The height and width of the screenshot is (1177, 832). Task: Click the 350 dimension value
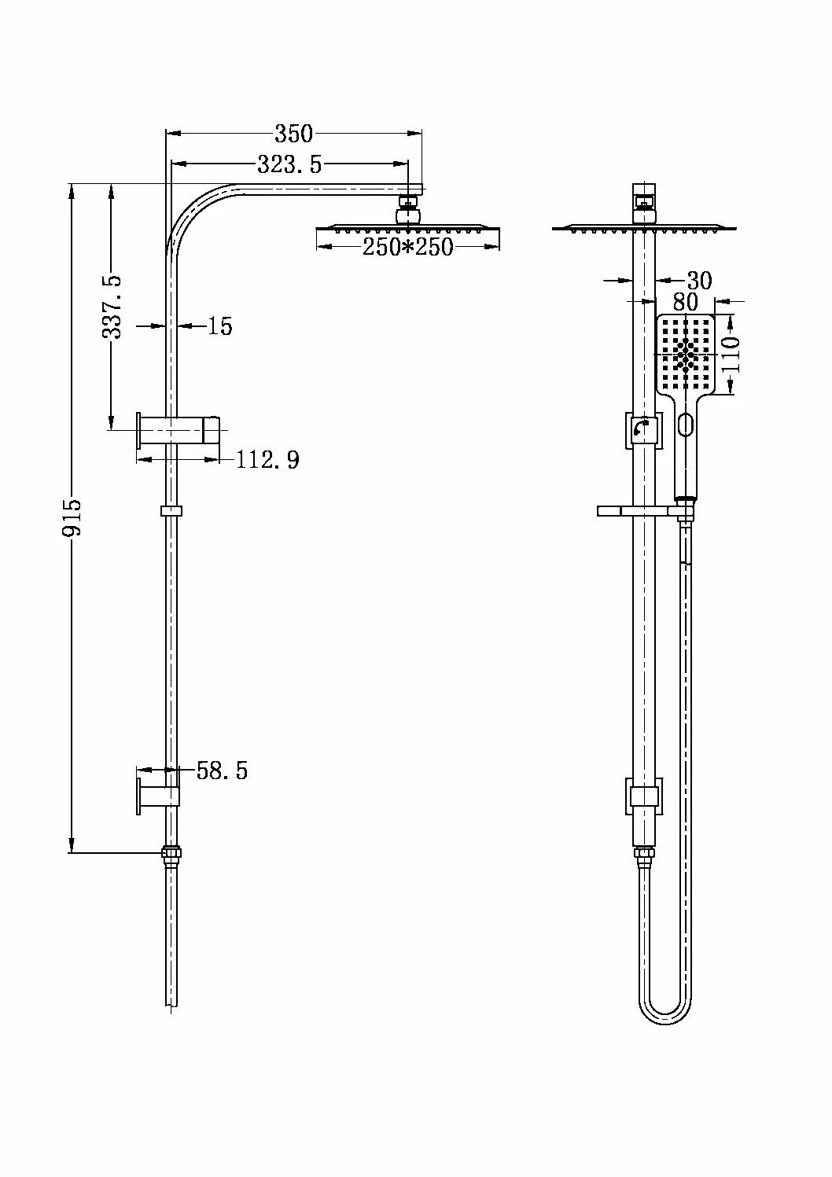pyautogui.click(x=293, y=133)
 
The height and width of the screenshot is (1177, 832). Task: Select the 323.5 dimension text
pyautogui.click(x=289, y=164)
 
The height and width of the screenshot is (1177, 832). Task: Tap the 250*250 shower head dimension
pyautogui.click(x=407, y=247)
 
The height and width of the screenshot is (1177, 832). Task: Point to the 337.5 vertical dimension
pyautogui.click(x=112, y=306)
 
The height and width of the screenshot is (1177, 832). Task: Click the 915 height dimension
pyautogui.click(x=72, y=518)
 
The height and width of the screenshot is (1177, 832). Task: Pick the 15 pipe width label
pyautogui.click(x=219, y=326)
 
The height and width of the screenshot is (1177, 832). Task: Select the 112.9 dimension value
pyautogui.click(x=268, y=459)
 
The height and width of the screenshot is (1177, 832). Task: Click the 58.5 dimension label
pyautogui.click(x=222, y=771)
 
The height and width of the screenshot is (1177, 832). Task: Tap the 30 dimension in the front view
pyautogui.click(x=698, y=281)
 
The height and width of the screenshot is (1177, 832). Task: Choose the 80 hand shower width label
pyautogui.click(x=686, y=301)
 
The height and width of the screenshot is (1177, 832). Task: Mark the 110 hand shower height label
pyautogui.click(x=731, y=354)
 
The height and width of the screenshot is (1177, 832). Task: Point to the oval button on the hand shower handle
pyautogui.click(x=685, y=425)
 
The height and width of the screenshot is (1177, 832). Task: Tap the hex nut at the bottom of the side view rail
pyautogui.click(x=171, y=853)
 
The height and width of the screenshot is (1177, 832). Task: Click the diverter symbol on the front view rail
pyautogui.click(x=642, y=429)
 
